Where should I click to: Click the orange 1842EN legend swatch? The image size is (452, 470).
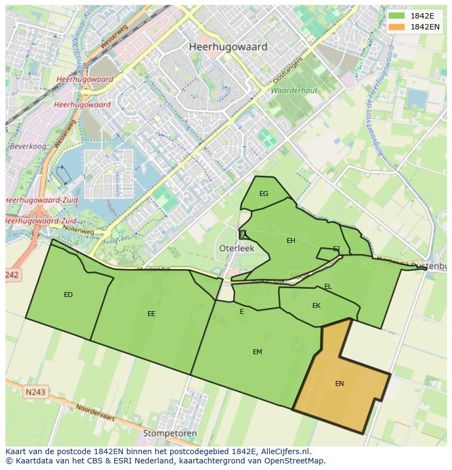397,27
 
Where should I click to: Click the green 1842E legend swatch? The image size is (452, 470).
397,16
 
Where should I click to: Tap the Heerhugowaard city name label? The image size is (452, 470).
228,47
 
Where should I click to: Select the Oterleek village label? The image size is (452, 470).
237,248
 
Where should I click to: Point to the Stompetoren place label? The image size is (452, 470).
169,433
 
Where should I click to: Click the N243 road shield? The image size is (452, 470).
35,392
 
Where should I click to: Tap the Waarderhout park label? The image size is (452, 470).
294,90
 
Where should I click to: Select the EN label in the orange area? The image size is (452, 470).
340,384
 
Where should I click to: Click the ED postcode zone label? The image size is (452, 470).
68,295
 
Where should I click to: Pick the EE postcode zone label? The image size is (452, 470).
151,314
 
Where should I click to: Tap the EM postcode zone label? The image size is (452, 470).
257,352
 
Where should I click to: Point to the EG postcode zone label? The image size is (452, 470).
264,194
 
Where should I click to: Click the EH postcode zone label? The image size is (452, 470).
291,241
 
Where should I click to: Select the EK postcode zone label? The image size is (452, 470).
316,306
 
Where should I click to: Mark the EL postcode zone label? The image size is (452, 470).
328,287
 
